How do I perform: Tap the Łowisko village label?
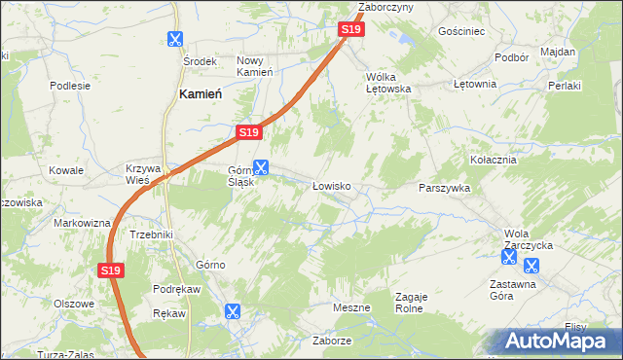click(x=330, y=185)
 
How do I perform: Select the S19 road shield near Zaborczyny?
click(x=351, y=30)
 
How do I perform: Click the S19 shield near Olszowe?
click(x=110, y=271)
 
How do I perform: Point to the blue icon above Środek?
click(x=175, y=40)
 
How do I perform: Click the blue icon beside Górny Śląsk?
click(x=261, y=166)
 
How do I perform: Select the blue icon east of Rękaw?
click(x=232, y=311)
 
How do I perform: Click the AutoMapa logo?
click(x=555, y=342)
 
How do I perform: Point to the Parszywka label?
click(x=444, y=188)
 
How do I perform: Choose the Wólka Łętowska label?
click(x=388, y=82)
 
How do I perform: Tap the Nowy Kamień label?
click(x=255, y=66)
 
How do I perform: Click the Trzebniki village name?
click(x=151, y=234)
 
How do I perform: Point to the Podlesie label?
click(x=70, y=85)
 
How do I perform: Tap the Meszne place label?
click(x=351, y=307)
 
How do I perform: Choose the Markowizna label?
click(x=82, y=223)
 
